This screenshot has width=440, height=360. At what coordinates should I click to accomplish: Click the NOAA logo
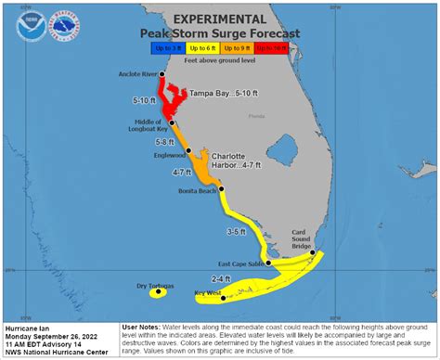pos(29,25)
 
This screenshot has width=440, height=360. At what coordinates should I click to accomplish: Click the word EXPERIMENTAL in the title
pos(220,18)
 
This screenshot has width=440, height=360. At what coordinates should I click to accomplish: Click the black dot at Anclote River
pos(162,73)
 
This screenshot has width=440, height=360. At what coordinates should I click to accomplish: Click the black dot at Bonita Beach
pos(220,190)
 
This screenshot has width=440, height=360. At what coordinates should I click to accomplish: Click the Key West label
pos(207,294)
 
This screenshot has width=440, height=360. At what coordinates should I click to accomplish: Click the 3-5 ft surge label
pos(239,231)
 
